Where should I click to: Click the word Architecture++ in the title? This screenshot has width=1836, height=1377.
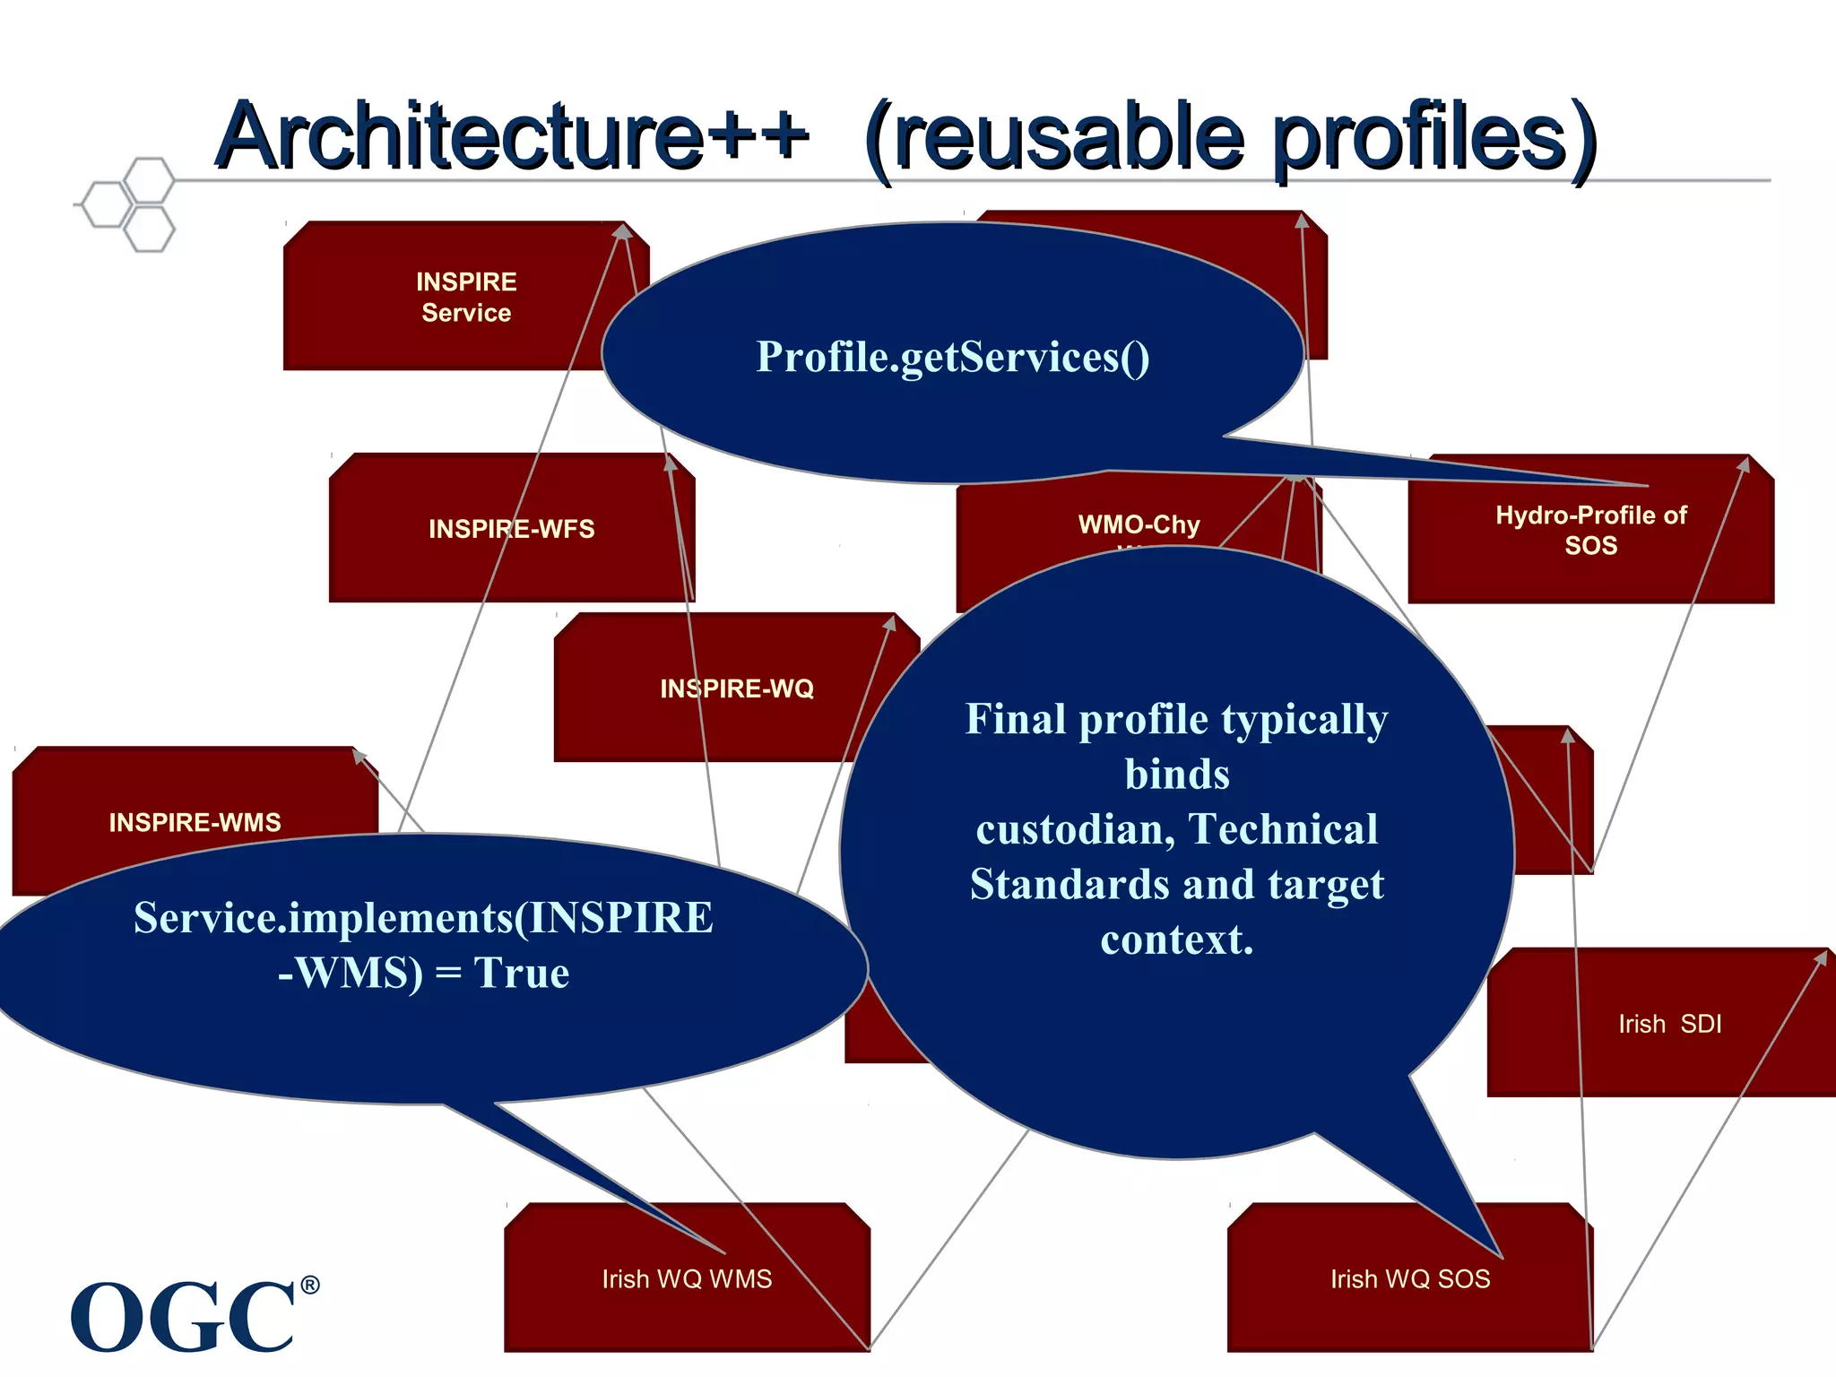(511, 136)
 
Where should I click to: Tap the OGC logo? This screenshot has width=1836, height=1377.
(183, 1316)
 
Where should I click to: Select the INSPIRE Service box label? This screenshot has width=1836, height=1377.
(466, 297)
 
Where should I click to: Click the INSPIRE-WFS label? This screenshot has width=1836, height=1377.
(511, 529)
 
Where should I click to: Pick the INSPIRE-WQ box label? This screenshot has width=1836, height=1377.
(737, 688)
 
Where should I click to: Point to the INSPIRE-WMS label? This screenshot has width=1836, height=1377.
(195, 822)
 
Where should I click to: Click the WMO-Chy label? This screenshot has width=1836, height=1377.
(1139, 524)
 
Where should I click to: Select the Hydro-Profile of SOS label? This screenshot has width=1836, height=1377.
(1590, 530)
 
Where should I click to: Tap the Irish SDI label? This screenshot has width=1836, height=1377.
(1669, 1024)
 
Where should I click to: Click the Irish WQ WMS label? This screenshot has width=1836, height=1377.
(687, 1279)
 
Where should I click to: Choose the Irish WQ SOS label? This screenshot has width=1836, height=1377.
(1410, 1279)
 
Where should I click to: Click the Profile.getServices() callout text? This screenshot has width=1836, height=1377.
(952, 357)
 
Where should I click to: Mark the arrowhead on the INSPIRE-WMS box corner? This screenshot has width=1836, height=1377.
(359, 756)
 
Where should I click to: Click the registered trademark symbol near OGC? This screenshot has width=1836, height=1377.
(309, 1285)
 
